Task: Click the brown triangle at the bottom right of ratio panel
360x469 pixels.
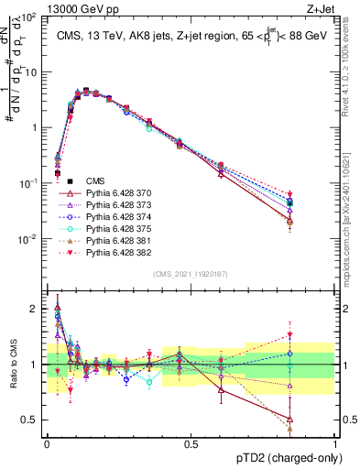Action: point(315,428)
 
